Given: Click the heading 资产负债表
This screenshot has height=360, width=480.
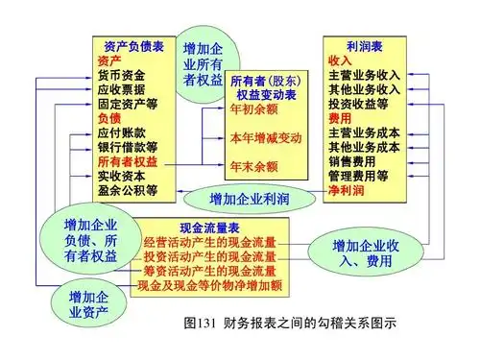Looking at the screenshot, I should click(133, 44).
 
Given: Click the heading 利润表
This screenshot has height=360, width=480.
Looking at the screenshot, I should click(366, 44).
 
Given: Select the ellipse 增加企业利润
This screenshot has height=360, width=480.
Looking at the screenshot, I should click(250, 198).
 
